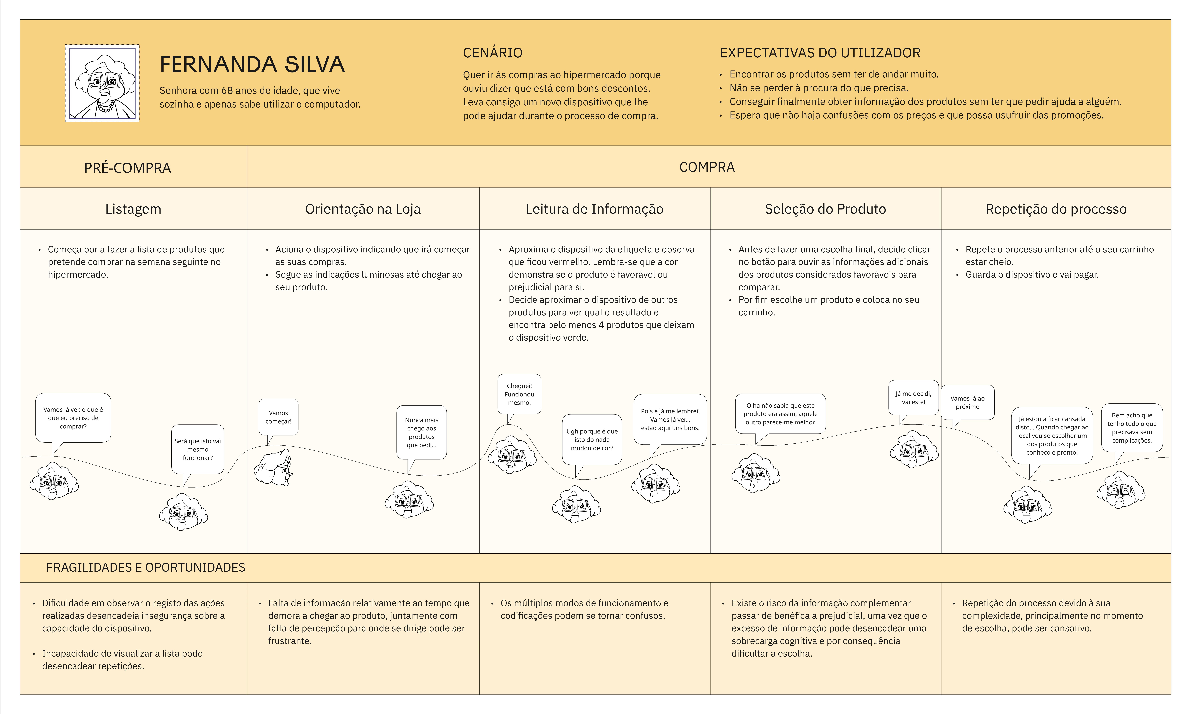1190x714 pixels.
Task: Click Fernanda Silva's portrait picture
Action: (102, 83)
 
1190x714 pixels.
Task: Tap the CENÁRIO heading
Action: (492, 52)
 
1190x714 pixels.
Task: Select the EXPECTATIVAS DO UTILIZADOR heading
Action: (819, 52)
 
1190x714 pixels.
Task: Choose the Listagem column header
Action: (133, 209)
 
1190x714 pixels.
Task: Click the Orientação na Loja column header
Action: (363, 209)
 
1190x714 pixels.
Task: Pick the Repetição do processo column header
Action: (1055, 209)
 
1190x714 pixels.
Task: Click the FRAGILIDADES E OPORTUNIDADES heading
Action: (146, 567)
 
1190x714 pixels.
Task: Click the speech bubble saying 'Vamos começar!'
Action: (278, 417)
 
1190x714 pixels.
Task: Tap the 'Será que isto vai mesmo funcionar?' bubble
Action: (198, 449)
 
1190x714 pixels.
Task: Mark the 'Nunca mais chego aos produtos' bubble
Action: (421, 432)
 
